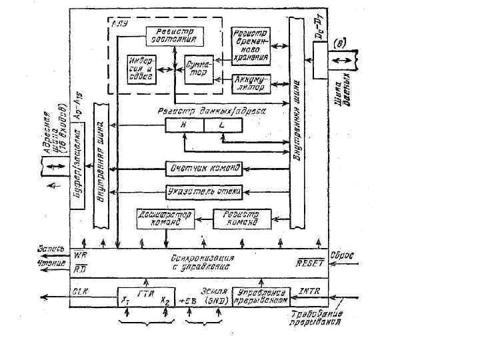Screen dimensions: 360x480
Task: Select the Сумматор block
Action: (199, 69)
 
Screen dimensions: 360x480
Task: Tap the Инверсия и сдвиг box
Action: (141, 69)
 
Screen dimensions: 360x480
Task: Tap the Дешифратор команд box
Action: (165, 219)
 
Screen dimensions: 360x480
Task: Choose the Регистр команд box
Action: (243, 219)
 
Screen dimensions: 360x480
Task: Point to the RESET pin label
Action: (310, 263)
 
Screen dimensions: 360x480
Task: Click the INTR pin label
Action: (309, 291)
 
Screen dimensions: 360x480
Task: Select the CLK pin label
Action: (81, 291)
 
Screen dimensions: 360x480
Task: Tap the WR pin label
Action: (80, 255)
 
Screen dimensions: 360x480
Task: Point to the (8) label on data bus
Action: (339, 43)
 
